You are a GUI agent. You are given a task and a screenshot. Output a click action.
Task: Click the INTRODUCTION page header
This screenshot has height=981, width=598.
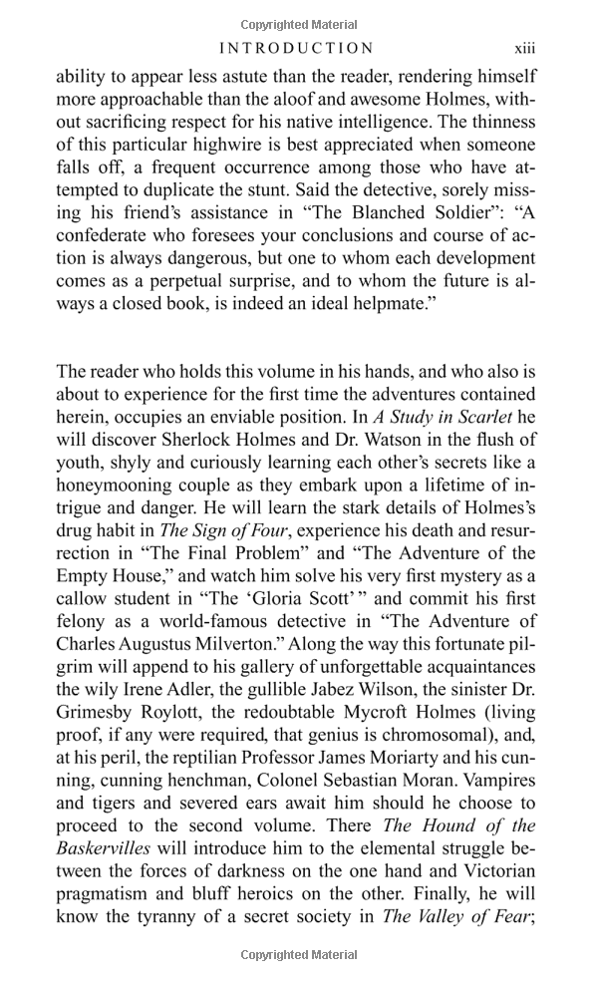(x=296, y=48)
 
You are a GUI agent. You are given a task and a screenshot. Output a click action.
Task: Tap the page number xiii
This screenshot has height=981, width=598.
(x=525, y=48)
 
